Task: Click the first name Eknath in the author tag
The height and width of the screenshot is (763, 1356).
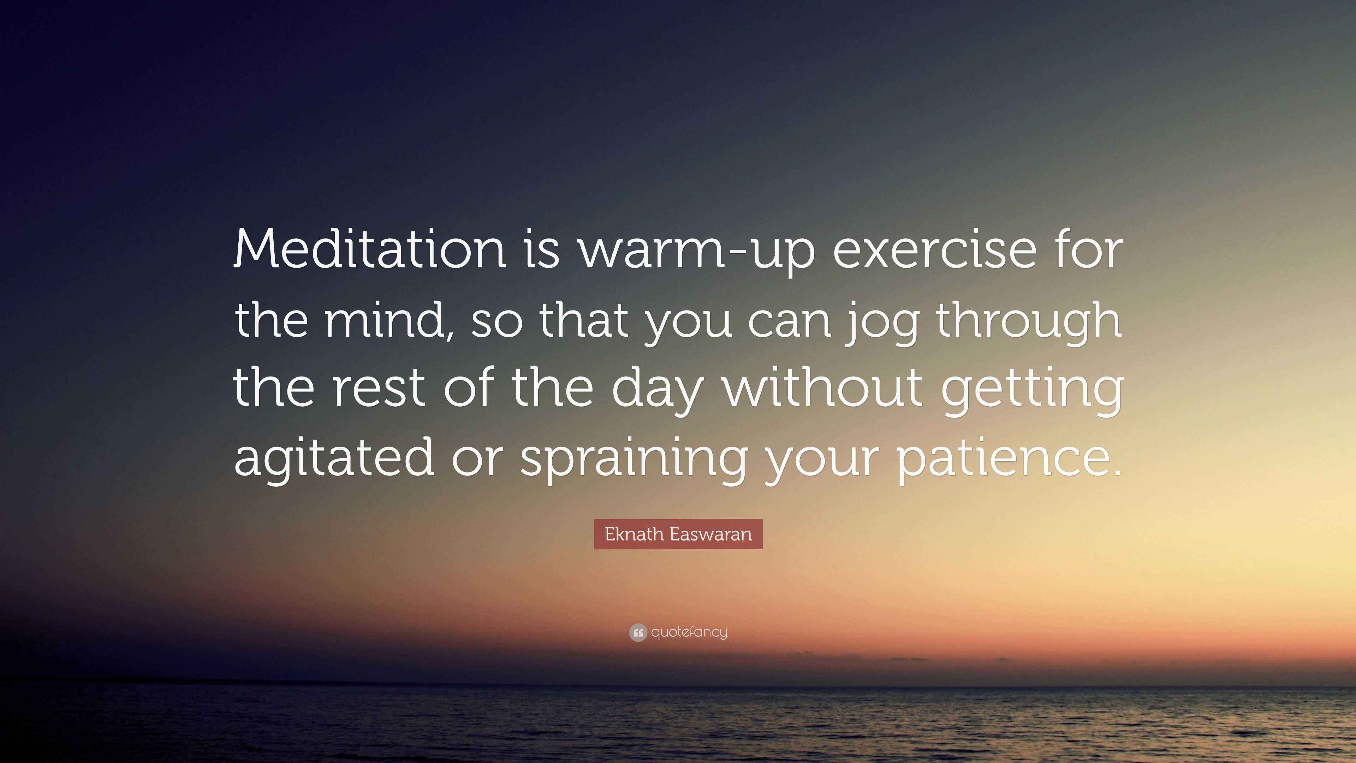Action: coord(634,534)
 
